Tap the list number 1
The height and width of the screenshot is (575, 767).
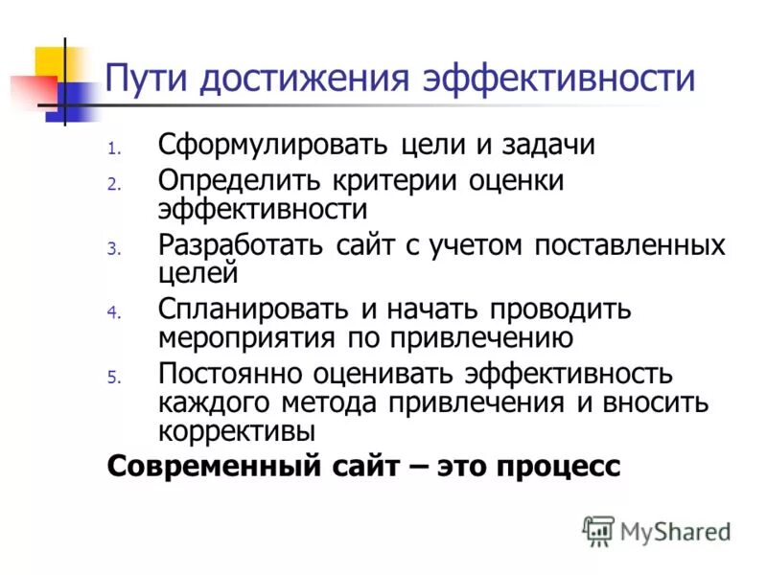pos(112,149)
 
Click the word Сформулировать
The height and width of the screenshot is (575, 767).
pos(273,146)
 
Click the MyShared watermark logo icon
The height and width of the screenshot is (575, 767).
pos(598,531)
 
